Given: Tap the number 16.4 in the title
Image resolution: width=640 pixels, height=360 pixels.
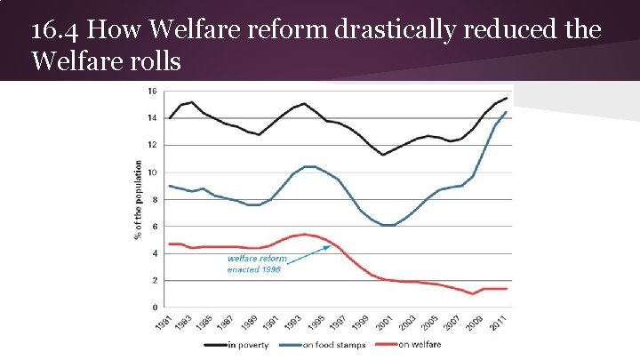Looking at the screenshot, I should point(55,32).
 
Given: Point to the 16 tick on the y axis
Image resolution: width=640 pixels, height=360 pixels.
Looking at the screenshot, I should point(152,91).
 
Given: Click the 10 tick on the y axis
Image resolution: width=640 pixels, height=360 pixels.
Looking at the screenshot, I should point(152,172).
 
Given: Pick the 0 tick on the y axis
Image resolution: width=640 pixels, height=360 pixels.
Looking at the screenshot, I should point(155,308).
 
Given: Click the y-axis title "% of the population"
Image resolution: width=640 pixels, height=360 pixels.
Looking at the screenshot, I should point(138,200).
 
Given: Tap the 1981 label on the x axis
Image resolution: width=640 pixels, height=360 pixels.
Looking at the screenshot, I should point(163,324).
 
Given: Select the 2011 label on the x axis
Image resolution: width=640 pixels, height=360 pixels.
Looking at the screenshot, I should point(500,324).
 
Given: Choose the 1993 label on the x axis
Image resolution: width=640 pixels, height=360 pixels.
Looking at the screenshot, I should point(298,324).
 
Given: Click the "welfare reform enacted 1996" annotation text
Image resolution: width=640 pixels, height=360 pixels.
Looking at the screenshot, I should point(257,264).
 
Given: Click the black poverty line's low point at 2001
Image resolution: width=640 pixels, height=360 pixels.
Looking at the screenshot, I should point(383,155).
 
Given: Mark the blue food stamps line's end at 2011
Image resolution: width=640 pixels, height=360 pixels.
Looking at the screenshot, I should point(507,112).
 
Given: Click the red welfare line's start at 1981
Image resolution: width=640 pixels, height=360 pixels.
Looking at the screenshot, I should point(169,244).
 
